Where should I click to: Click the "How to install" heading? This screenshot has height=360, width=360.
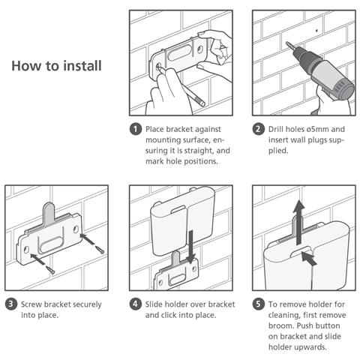(56, 66)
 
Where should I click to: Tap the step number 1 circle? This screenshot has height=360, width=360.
(136, 129)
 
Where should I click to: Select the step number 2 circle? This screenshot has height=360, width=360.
(258, 129)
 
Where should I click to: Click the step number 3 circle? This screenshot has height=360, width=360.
(11, 304)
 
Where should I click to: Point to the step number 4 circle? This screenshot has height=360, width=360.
(136, 304)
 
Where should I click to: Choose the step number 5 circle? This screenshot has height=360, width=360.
(258, 304)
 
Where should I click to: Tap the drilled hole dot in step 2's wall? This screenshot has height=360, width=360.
(316, 31)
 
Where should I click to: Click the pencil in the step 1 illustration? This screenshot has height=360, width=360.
(182, 85)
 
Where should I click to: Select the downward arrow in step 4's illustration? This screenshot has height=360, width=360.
(192, 247)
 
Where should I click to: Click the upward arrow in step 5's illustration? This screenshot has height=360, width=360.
(298, 223)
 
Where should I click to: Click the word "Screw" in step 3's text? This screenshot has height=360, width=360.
(31, 304)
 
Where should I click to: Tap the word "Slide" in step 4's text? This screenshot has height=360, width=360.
(153, 304)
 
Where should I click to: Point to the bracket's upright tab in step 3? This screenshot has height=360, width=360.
(49, 213)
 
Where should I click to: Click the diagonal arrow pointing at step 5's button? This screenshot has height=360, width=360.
(309, 259)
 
